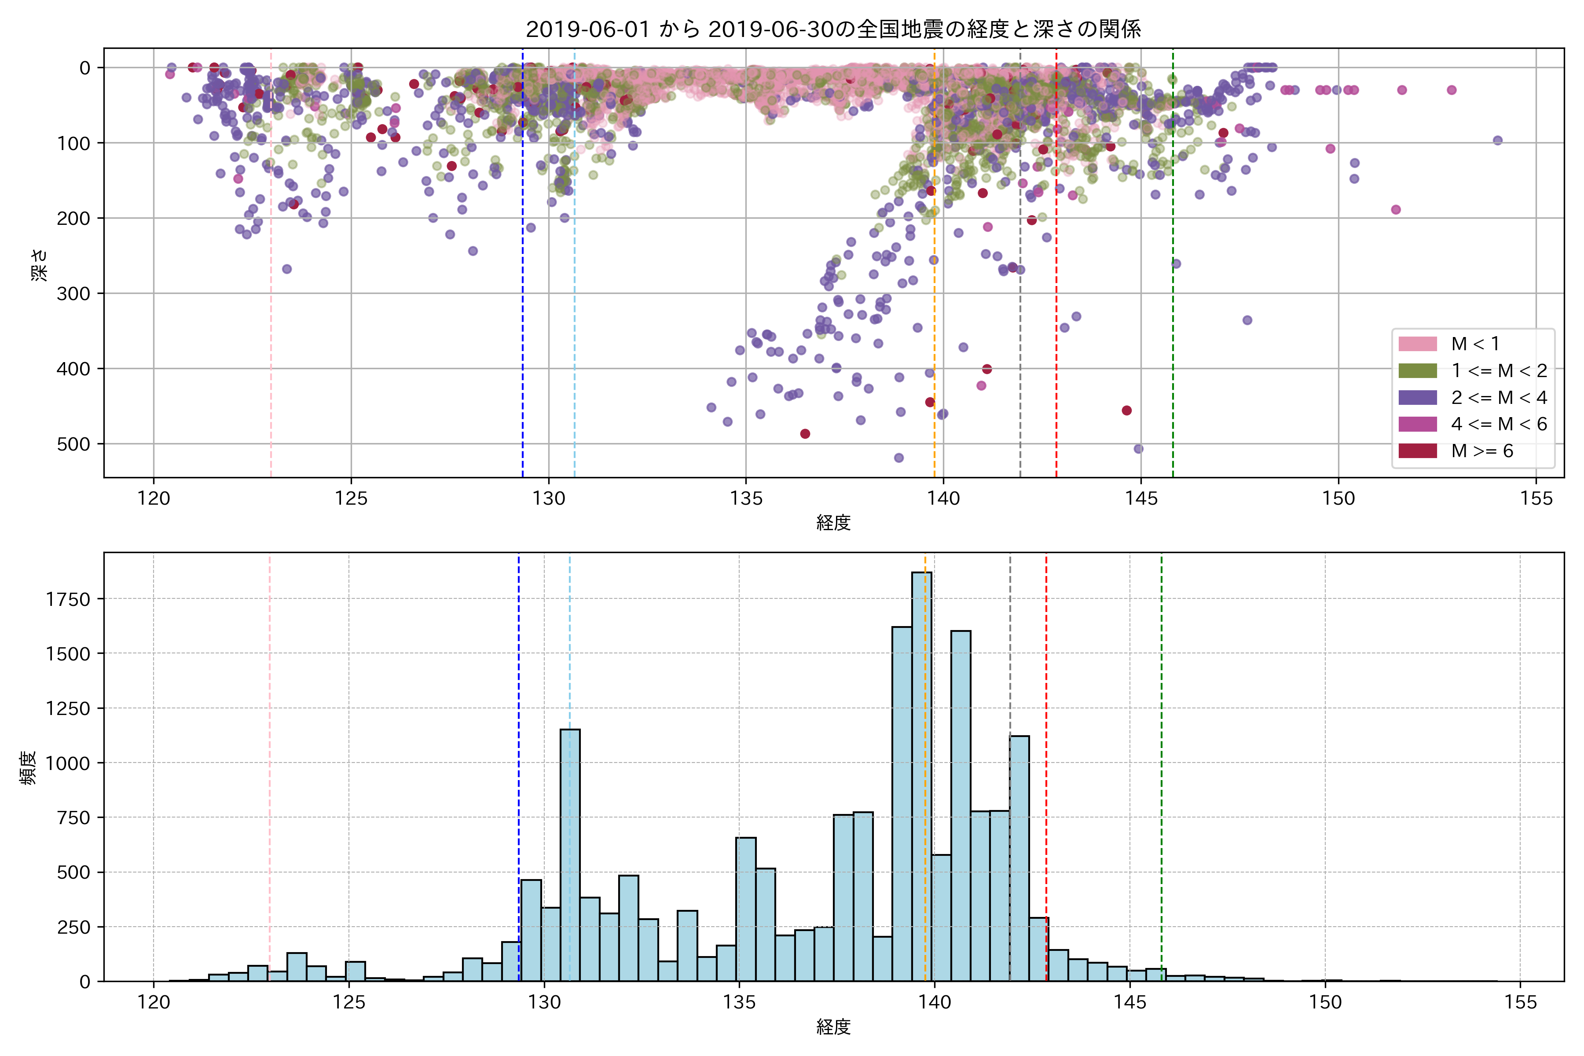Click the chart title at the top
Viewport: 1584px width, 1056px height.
(x=833, y=29)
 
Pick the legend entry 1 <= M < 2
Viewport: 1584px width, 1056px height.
(x=1499, y=371)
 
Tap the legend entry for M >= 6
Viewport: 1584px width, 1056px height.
(x=1481, y=451)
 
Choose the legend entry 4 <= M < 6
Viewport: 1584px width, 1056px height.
(x=1499, y=424)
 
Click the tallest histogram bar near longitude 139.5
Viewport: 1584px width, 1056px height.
(x=922, y=774)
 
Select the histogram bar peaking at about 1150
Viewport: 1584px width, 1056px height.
(x=570, y=855)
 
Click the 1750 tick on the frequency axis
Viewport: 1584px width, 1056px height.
(x=67, y=599)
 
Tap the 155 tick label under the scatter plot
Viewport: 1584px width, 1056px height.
(x=1536, y=499)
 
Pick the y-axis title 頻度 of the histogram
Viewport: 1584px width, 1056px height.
(x=28, y=768)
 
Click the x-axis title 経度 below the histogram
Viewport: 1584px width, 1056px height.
(x=833, y=1027)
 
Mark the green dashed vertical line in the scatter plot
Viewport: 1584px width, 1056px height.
(x=1173, y=303)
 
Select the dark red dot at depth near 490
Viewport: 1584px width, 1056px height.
(x=805, y=434)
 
